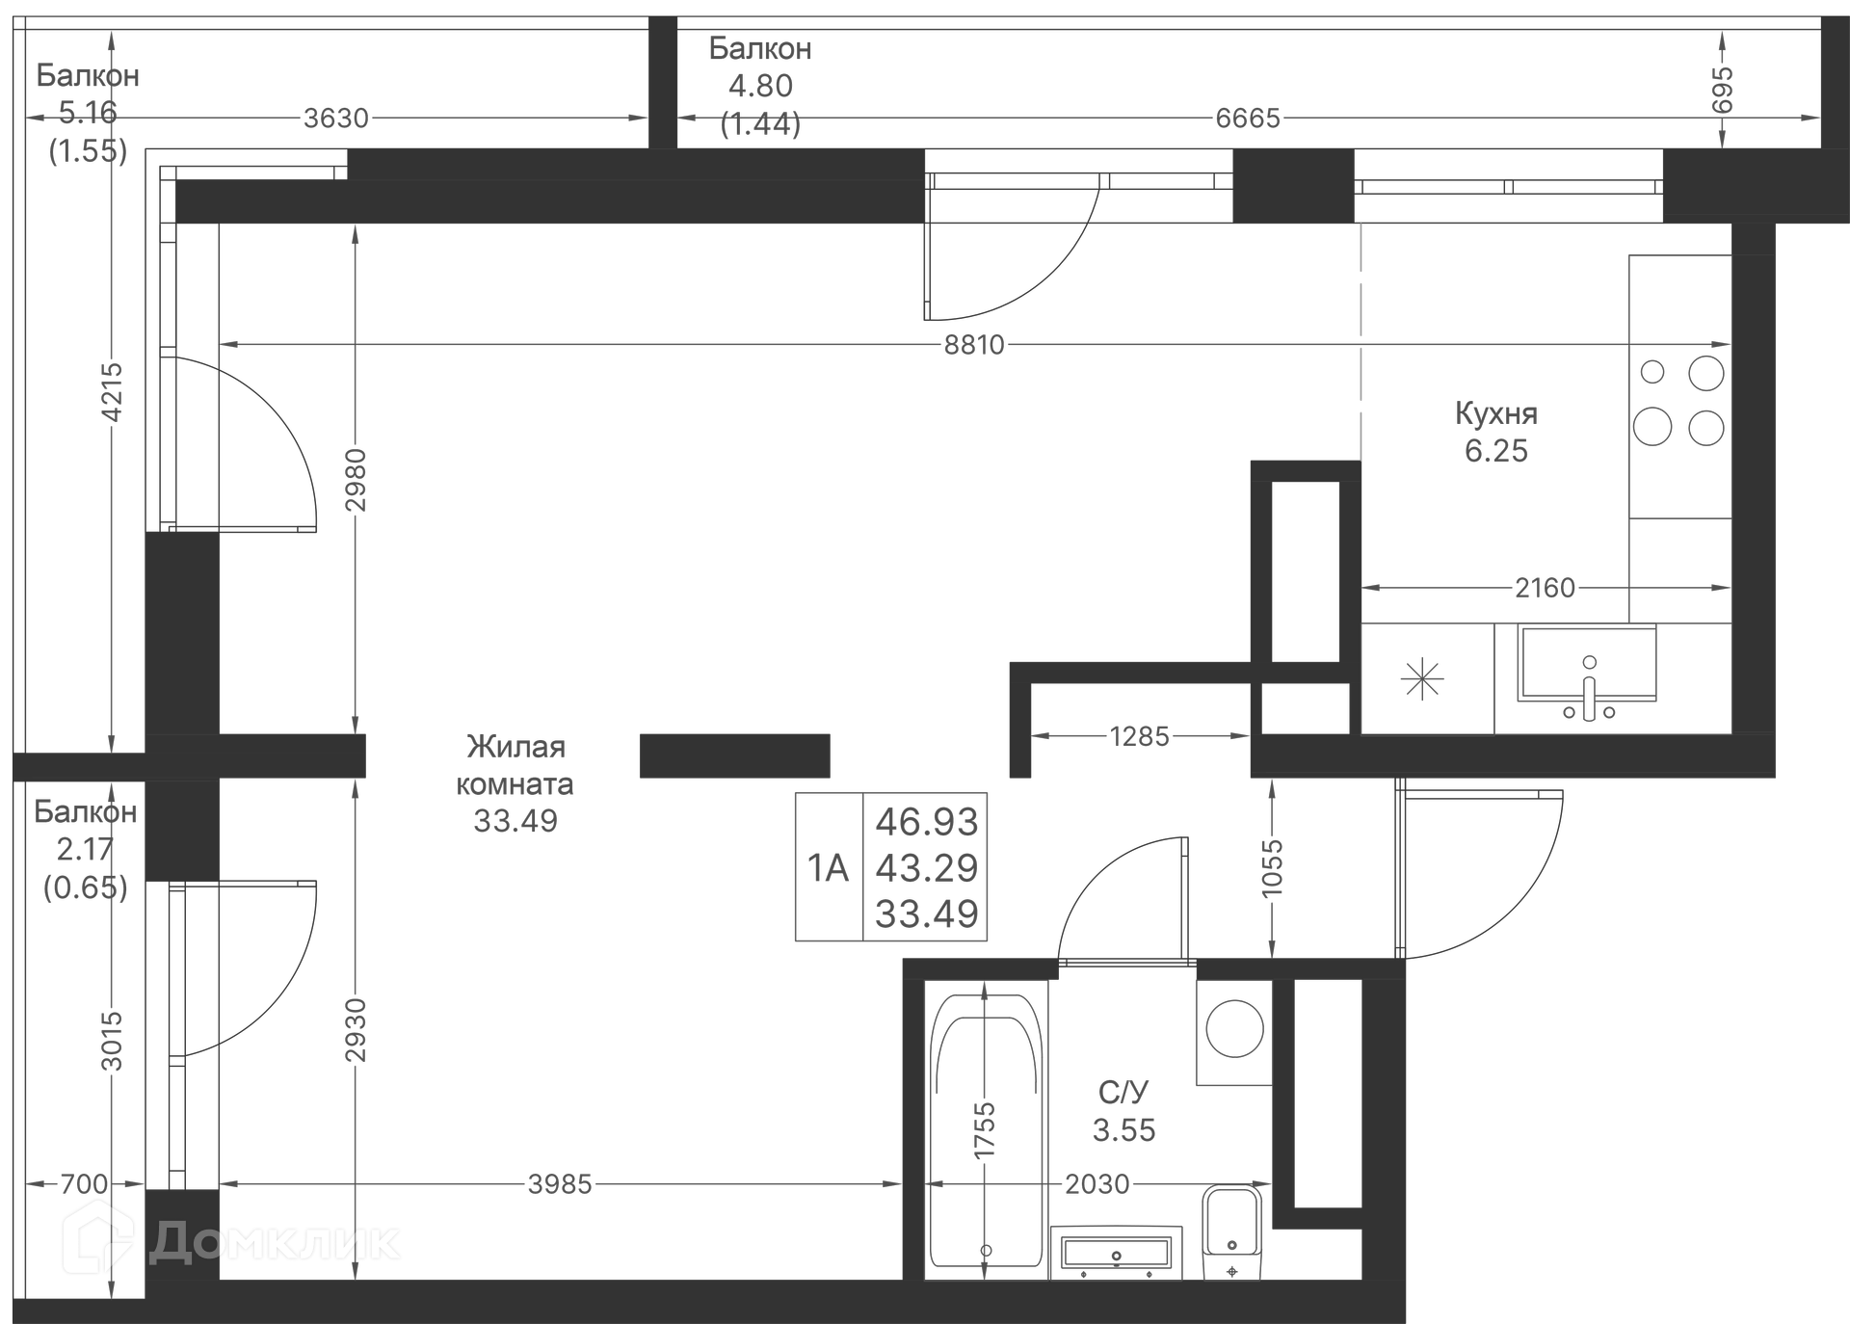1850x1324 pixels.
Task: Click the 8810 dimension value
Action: coord(974,345)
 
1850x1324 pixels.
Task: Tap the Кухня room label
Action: coord(1495,413)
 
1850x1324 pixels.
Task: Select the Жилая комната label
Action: coord(515,765)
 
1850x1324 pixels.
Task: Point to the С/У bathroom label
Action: coord(1123,1093)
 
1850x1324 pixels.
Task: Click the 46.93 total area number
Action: coord(926,822)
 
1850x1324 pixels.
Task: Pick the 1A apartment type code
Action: coord(828,868)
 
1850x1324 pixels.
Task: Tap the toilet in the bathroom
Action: coord(1231,1231)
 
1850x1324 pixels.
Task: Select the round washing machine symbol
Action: coord(1235,1028)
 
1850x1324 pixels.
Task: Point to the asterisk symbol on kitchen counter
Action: coord(1422,680)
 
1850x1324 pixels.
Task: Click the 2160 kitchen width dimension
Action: coord(1545,588)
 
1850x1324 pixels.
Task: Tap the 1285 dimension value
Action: coord(1139,737)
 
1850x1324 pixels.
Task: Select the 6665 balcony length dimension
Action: coord(1248,119)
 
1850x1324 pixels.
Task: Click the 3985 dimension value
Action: coord(560,1184)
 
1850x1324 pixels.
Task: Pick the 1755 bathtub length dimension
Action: coord(984,1131)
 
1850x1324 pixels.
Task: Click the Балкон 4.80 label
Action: coord(760,67)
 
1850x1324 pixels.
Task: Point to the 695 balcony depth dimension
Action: coord(1723,91)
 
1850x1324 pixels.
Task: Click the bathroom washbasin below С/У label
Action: coord(1116,1253)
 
